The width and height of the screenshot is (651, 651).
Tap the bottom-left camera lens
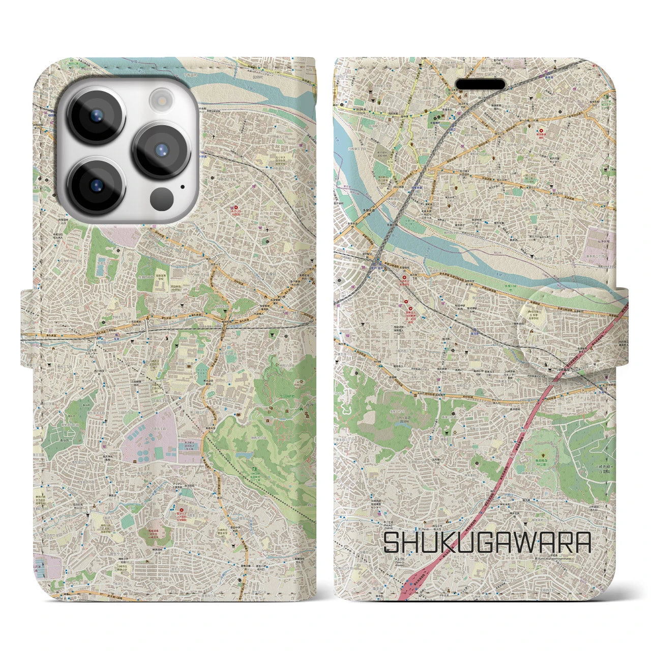coord(96,185)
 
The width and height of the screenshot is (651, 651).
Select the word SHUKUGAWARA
coord(487,543)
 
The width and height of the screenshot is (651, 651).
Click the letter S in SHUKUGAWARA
coord(392,543)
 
